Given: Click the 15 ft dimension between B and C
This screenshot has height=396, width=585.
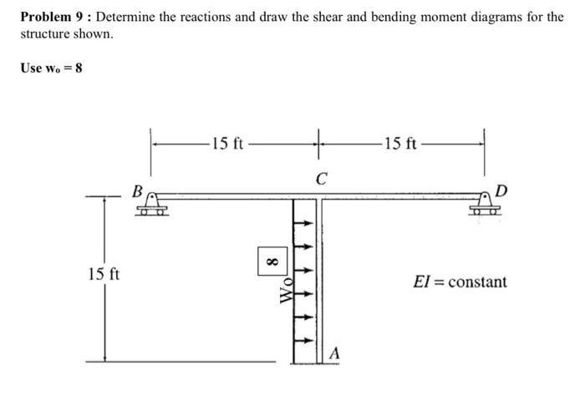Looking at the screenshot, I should coord(226,143).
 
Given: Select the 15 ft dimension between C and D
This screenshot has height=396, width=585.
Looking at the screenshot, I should coord(401,143).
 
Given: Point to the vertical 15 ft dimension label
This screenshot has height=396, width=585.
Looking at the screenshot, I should coord(104,273).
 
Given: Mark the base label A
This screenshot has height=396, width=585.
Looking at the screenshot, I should coord(333,353).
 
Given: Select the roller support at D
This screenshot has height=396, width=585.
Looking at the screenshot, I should coord(483,205).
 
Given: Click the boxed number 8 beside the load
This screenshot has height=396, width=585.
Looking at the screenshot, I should coord(269,261).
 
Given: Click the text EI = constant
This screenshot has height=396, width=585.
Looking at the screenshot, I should coord(459,282).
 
